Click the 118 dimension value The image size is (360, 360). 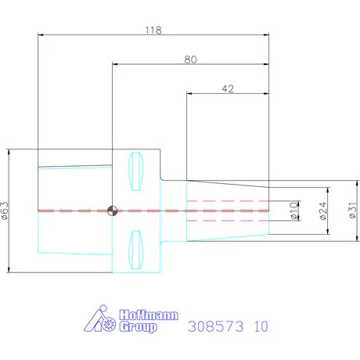click(153, 31)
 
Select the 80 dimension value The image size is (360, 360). click(190, 59)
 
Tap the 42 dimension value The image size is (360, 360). click(228, 89)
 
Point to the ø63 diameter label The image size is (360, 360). click(5, 211)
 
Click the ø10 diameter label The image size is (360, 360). click(293, 211)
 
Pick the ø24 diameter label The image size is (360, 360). click(323, 211)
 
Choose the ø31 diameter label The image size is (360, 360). click(352, 211)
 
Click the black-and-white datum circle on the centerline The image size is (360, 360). click(113, 211)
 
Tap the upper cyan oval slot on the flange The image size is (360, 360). click(136, 171)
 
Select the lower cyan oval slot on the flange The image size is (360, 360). click(136, 250)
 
